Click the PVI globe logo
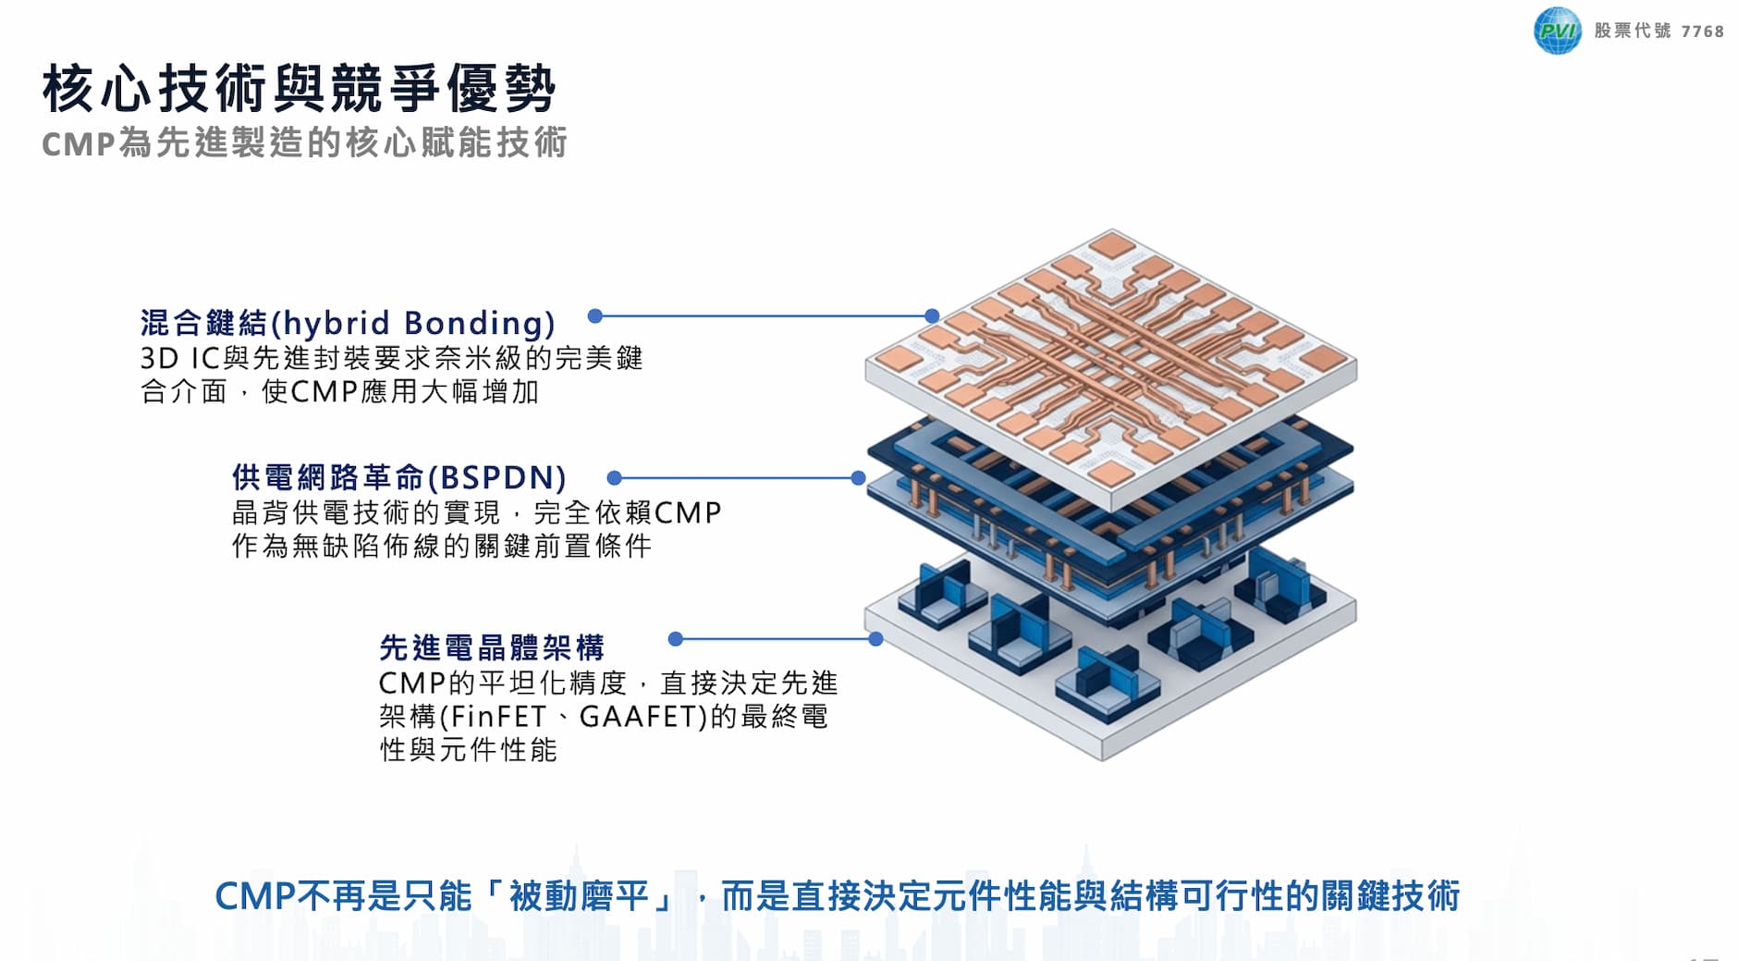1557,31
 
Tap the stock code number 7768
1702,31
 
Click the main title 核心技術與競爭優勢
299,89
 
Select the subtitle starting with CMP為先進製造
304,143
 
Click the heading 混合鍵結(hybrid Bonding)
348,323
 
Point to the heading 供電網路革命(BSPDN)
398,477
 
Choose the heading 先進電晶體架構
492,647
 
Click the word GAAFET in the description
643,717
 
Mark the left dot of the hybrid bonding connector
595,316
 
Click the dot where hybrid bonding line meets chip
932,316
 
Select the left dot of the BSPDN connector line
614,478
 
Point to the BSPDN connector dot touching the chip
858,478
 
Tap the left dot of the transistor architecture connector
676,639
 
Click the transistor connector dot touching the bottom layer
875,639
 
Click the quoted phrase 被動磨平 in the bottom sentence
581,895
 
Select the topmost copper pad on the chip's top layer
1112,245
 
